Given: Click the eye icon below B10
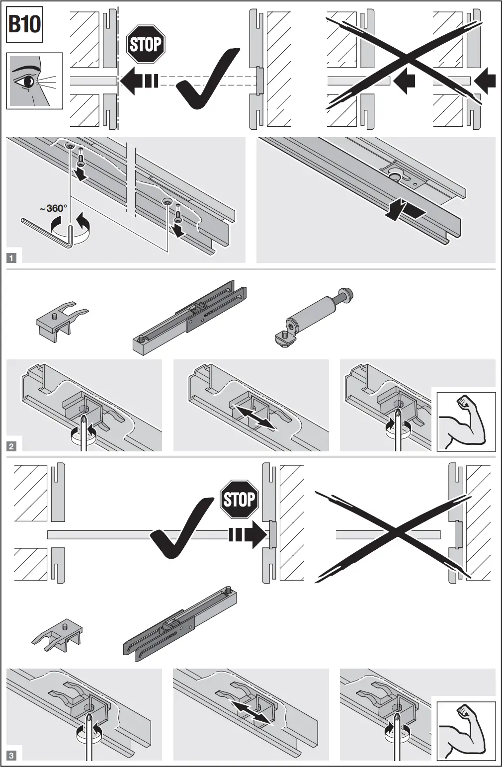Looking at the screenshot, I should coord(34,80).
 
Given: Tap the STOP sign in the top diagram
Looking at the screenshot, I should coord(146,45).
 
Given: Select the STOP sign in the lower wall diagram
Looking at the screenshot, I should coord(239,499).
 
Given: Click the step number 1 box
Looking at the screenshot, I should coord(11,258).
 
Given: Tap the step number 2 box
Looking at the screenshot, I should coord(11,446).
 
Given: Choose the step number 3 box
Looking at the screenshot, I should coord(11,756).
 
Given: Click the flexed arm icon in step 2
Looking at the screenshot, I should coord(466,422).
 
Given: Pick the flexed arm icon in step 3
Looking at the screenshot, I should coord(466,731).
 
